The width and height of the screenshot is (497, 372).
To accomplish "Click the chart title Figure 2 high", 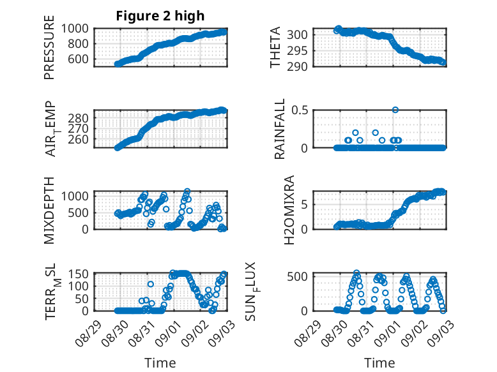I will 160,16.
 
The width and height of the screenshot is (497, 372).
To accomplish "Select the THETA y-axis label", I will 275,47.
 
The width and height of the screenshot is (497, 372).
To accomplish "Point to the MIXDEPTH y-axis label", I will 50,209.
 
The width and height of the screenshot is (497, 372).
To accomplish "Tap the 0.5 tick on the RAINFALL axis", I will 300,110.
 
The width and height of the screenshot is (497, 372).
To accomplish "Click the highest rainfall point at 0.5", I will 395,110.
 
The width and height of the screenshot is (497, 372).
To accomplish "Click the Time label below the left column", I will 160,363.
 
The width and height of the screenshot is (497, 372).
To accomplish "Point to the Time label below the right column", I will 379,363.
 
